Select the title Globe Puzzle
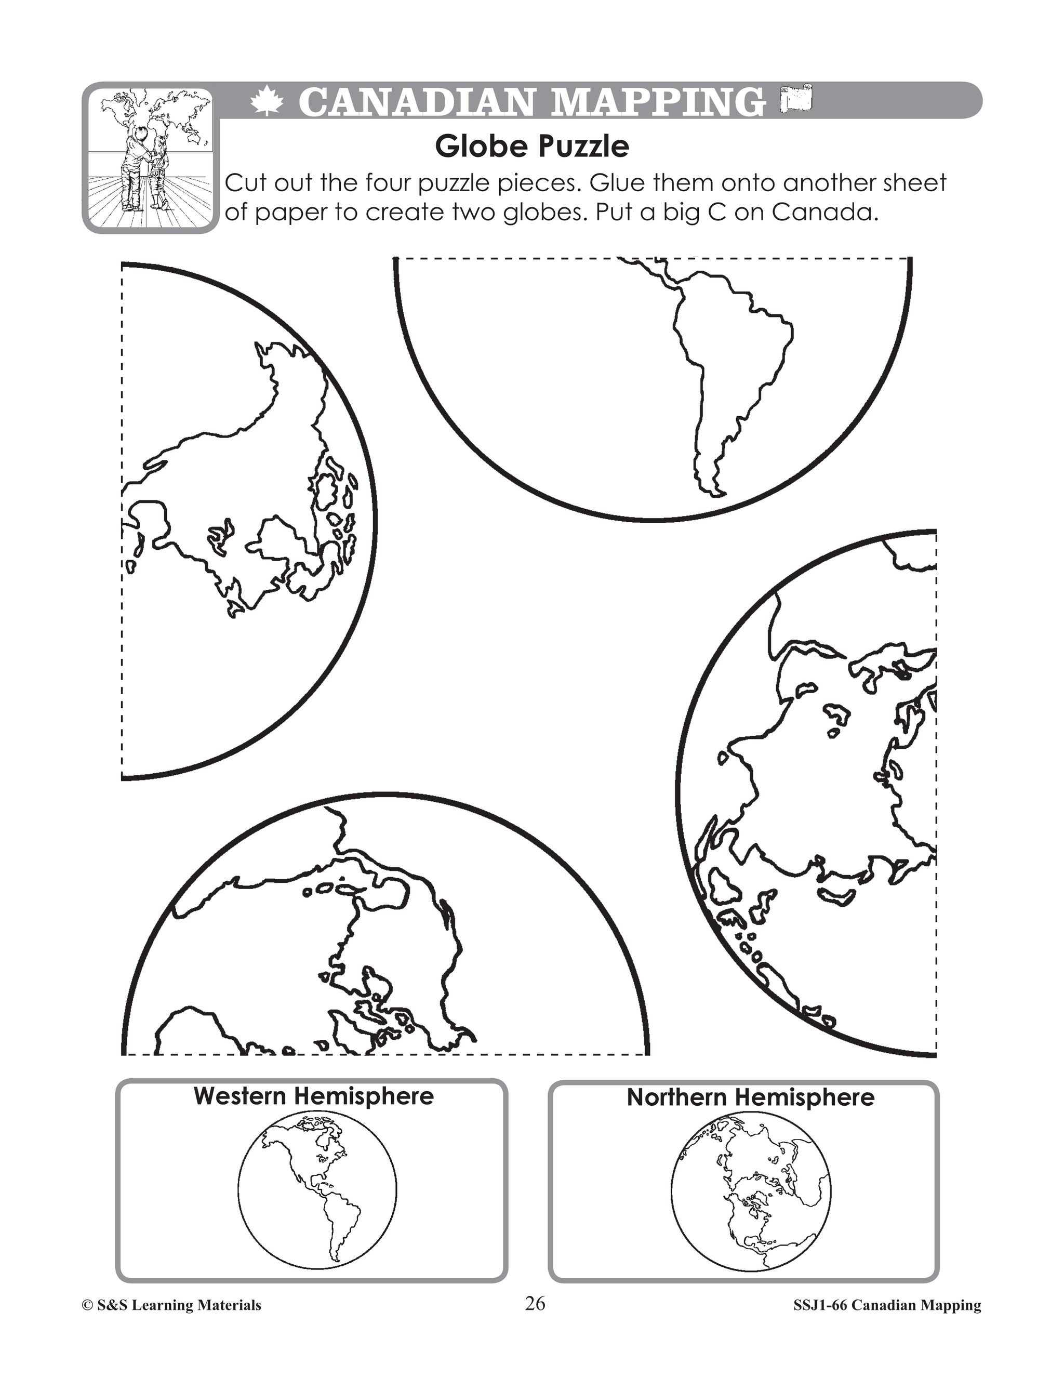531,147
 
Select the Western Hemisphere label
313,1096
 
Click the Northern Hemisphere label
750,1097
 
